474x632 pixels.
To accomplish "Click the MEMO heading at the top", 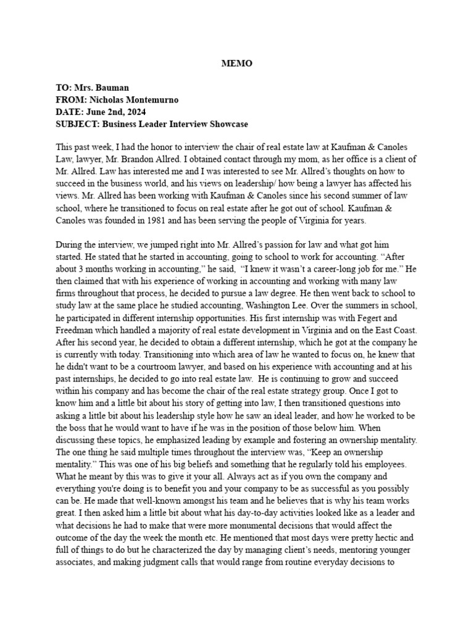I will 237,64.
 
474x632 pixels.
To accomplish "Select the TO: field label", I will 65,88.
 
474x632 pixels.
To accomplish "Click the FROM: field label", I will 72,100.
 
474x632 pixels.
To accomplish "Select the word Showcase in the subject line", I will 228,124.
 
